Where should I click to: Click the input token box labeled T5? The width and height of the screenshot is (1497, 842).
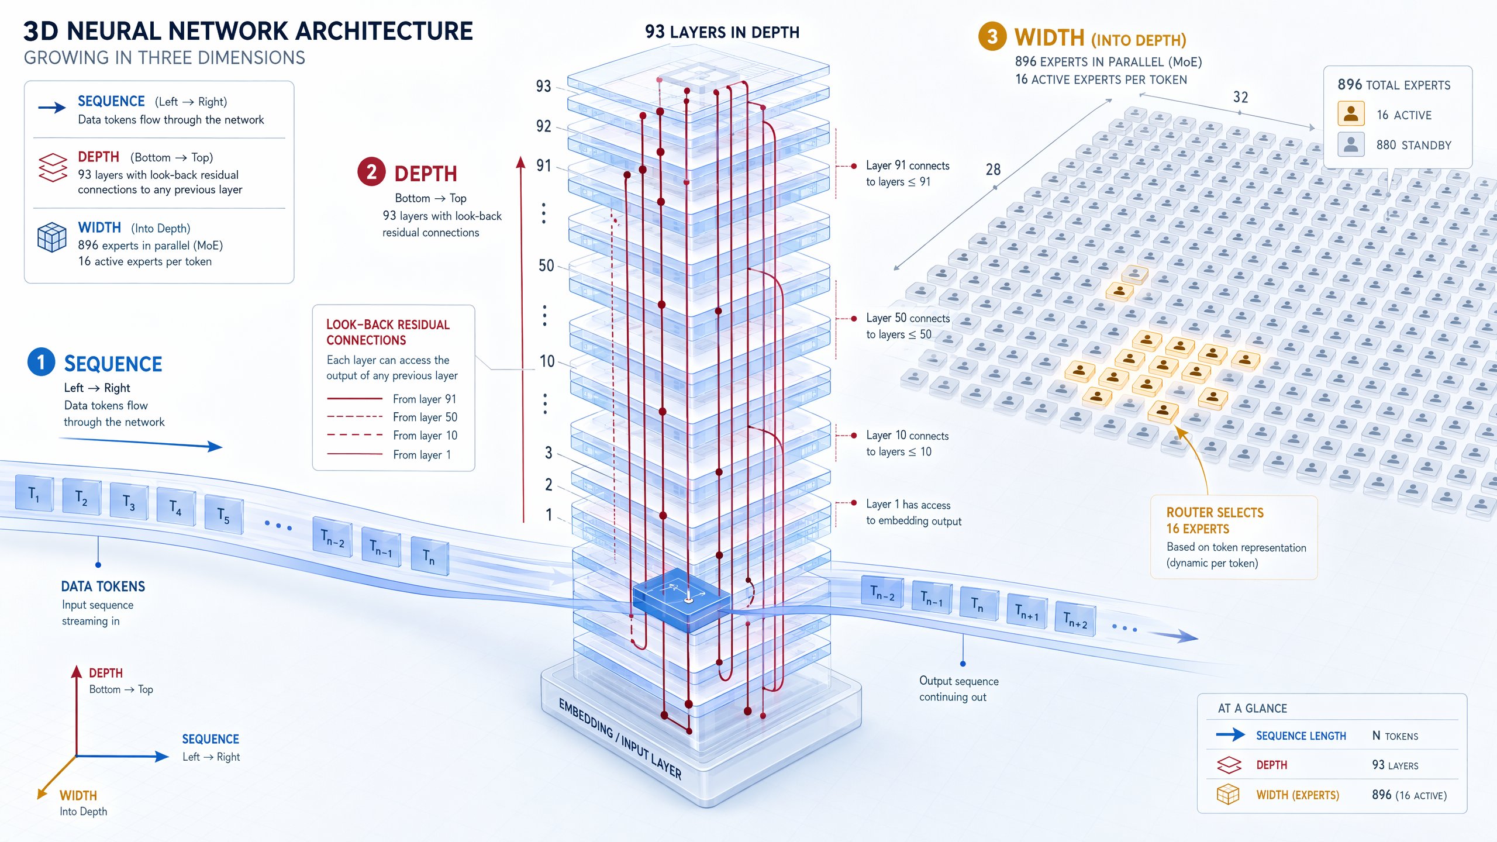pos(224,515)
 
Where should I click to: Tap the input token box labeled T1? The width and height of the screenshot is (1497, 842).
pos(35,494)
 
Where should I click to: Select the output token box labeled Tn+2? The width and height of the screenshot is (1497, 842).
pos(1075,619)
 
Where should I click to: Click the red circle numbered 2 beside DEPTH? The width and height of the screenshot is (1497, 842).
pos(371,172)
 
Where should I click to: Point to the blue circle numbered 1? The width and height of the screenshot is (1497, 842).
pos(41,362)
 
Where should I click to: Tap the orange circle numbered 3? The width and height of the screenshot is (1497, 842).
pos(992,37)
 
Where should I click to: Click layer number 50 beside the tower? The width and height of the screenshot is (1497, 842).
pos(546,266)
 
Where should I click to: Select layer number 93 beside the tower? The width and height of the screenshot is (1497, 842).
pos(544,87)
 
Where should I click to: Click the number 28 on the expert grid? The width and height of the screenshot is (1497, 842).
pos(993,170)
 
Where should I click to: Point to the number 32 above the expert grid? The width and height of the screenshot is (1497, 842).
pos(1240,97)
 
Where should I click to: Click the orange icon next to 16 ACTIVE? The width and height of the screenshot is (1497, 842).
pos(1351,113)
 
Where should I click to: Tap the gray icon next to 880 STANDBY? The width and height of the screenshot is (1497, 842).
pos(1351,144)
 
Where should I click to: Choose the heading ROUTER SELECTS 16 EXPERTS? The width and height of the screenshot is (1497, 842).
pos(1215,520)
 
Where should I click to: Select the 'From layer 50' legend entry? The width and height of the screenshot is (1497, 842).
pos(392,417)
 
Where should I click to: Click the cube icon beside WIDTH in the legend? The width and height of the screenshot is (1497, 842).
pos(51,237)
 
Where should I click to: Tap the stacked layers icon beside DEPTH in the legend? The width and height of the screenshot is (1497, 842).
pos(53,168)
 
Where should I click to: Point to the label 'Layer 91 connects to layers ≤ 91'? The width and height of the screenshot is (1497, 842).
pos(908,174)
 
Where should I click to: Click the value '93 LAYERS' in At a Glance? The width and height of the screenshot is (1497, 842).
pos(1395,765)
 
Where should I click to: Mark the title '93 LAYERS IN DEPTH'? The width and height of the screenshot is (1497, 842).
pos(722,32)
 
